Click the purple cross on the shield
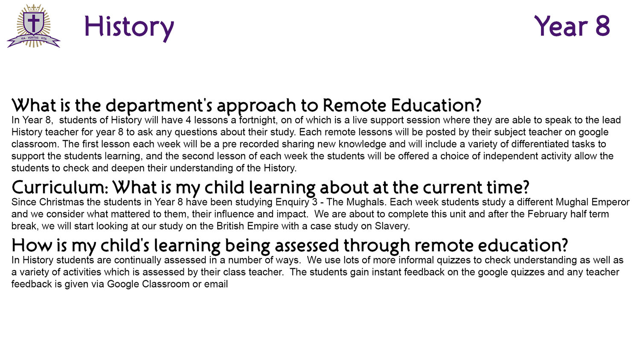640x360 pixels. tap(34, 22)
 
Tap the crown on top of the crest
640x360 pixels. tap(33, 8)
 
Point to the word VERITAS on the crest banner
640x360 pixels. tap(33, 38)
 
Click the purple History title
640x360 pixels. tap(129, 27)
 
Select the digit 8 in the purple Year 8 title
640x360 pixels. tap(602, 26)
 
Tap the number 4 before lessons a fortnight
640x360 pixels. tap(188, 120)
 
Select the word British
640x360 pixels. tap(230, 226)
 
